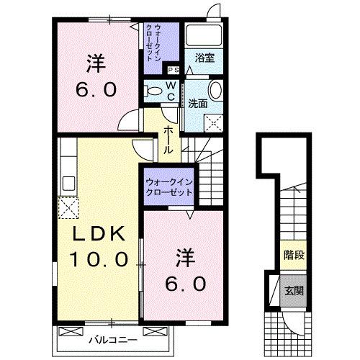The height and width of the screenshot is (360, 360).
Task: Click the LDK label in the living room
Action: (99, 234)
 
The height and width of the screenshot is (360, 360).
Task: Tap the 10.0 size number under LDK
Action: (99, 257)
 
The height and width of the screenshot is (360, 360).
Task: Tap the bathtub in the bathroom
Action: (204, 36)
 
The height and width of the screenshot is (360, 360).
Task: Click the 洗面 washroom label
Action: (197, 104)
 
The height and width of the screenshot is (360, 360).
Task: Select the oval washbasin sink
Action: (215, 91)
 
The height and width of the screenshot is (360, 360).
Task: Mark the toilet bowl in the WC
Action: (153, 91)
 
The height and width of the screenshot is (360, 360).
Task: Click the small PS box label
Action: (173, 70)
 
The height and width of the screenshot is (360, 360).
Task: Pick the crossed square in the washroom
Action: (214, 122)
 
